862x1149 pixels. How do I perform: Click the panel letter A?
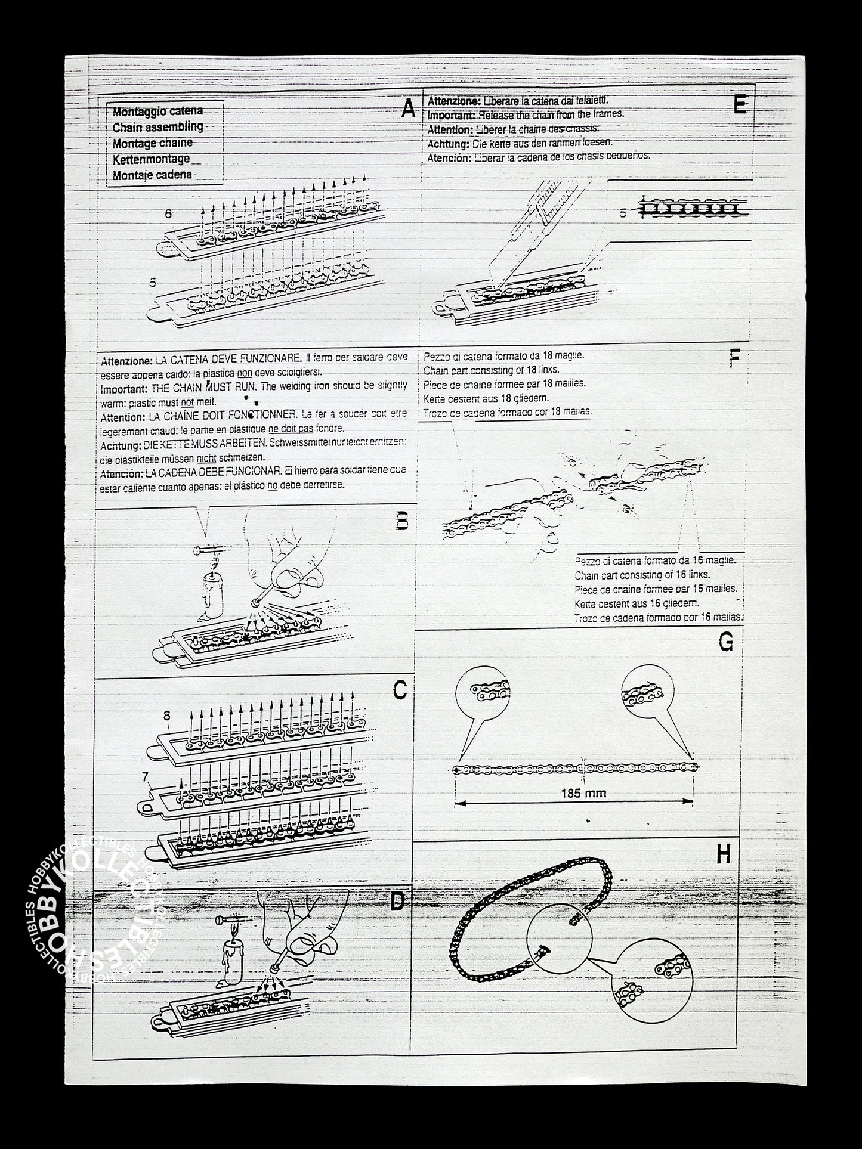(x=408, y=109)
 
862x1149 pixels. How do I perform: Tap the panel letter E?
(x=739, y=105)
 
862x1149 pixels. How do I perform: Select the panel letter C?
(x=400, y=690)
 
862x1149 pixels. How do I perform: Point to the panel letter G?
(x=726, y=642)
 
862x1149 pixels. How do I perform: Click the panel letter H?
(x=723, y=855)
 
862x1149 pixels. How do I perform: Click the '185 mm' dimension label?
(x=583, y=793)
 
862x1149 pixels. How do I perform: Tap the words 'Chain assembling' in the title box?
(x=157, y=127)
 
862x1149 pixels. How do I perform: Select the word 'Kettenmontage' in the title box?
(x=151, y=159)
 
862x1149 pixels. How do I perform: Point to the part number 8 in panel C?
(x=167, y=714)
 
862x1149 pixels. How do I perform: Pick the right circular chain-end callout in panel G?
(x=646, y=692)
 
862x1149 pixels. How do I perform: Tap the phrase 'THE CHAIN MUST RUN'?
(x=203, y=386)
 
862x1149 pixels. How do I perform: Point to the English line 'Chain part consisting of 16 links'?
(x=642, y=575)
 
